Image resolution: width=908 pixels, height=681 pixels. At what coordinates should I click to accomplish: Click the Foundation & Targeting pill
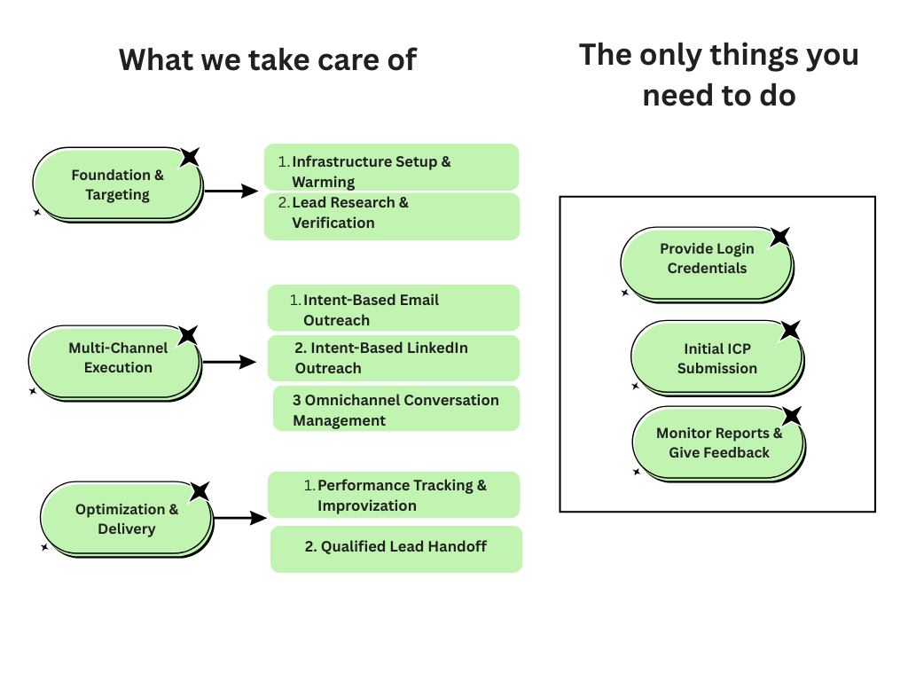pos(117,184)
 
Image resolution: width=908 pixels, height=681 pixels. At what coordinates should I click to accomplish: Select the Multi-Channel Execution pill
pos(115,358)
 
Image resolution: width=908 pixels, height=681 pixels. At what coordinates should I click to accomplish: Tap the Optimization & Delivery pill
pos(126,519)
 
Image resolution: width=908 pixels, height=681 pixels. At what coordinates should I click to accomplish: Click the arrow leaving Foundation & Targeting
pos(231,191)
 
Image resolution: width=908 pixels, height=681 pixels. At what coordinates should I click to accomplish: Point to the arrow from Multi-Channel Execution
pos(229,362)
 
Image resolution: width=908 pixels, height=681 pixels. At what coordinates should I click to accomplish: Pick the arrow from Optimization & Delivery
pos(239,519)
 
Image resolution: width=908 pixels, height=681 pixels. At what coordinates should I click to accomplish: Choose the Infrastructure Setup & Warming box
pos(391,168)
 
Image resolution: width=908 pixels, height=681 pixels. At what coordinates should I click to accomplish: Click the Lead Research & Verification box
pos(391,215)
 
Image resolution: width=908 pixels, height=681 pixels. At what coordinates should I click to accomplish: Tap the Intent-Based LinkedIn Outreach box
pos(393,357)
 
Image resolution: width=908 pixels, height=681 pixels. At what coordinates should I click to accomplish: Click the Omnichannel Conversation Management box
pos(395,409)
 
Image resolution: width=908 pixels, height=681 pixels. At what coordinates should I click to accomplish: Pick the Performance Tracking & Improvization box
pos(394,495)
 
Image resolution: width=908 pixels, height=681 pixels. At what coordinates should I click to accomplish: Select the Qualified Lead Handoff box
pos(395,548)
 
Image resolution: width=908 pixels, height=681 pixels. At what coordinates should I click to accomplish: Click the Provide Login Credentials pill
pos(707,259)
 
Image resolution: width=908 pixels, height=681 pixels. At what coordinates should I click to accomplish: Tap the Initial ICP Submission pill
pos(716,358)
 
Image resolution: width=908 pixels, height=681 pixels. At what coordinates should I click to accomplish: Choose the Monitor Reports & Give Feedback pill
pos(718,442)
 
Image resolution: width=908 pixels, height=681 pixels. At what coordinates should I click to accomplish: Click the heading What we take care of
pos(268,59)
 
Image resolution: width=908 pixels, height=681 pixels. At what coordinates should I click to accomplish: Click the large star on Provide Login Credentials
pos(779,237)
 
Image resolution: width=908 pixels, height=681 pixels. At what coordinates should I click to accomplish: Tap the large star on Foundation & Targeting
pos(189,157)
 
